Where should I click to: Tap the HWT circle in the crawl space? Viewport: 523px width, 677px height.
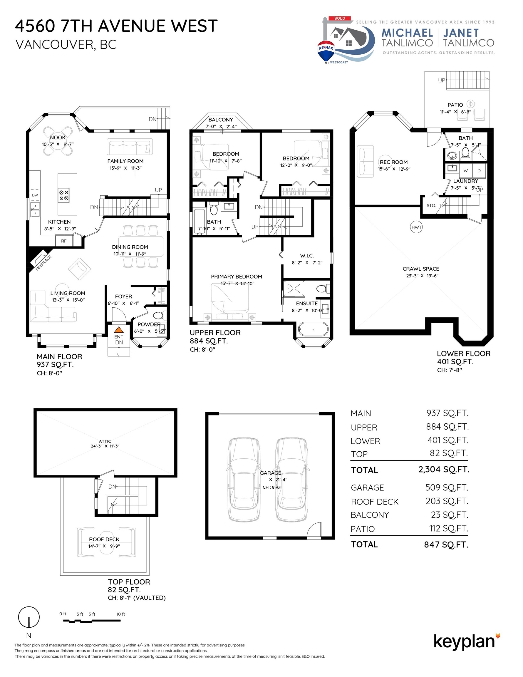pyautogui.click(x=416, y=227)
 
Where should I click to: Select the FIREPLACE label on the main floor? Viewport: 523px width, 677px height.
pyautogui.click(x=43, y=263)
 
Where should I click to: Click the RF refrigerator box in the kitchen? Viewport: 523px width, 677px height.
pyautogui.click(x=64, y=241)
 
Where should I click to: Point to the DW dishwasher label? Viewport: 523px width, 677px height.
pyautogui.click(x=35, y=195)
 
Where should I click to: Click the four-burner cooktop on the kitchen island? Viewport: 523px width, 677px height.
pyautogui.click(x=64, y=195)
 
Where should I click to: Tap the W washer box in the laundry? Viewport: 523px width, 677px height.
pyautogui.click(x=465, y=170)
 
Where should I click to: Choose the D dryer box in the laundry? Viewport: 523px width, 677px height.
pyautogui.click(x=479, y=170)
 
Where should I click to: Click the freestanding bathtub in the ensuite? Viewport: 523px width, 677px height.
pyautogui.click(x=313, y=329)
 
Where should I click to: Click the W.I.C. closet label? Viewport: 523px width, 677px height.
pyautogui.click(x=307, y=255)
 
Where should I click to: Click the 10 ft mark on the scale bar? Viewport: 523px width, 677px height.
pyautogui.click(x=120, y=614)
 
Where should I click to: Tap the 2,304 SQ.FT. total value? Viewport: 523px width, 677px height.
pyautogui.click(x=444, y=469)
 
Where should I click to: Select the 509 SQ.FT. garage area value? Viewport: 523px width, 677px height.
pyautogui.click(x=447, y=487)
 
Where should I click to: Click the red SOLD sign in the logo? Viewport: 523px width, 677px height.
pyautogui.click(x=339, y=18)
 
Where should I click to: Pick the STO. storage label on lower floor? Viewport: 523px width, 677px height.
pyautogui.click(x=431, y=205)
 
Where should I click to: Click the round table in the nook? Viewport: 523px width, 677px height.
pyautogui.click(x=58, y=141)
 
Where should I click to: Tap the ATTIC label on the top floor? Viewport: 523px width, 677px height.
pyautogui.click(x=105, y=441)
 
